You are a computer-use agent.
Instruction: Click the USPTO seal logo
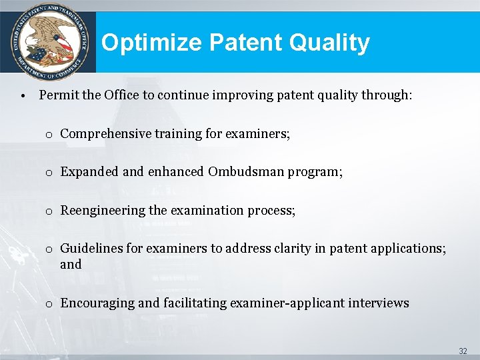tap(47, 42)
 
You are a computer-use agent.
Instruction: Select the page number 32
tap(463, 351)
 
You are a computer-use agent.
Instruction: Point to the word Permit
tap(59, 95)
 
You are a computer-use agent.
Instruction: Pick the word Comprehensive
tap(105, 133)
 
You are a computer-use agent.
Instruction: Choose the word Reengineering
tap(103, 211)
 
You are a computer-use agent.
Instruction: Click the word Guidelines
tap(91, 249)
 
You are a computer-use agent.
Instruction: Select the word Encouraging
tap(97, 303)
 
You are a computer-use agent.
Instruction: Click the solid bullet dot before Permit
tap(23, 95)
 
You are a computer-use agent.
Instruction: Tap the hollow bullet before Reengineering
tap(49, 211)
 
